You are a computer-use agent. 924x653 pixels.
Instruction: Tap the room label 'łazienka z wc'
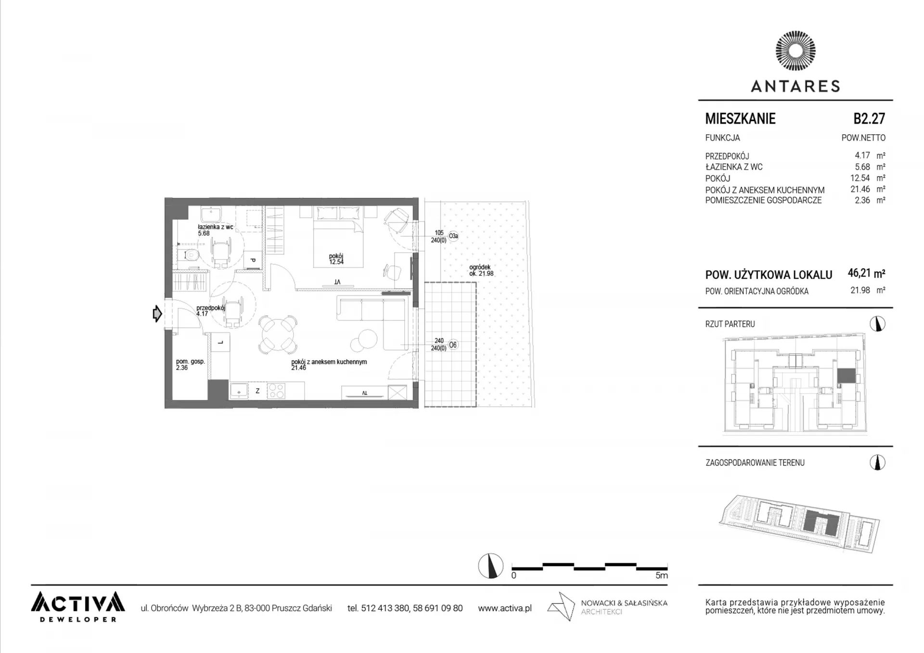(215, 227)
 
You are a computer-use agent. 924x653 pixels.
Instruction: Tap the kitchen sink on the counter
(239, 390)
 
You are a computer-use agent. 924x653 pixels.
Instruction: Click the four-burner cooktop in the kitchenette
(276, 390)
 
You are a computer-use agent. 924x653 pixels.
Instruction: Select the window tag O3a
(453, 236)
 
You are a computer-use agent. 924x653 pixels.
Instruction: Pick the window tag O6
(452, 345)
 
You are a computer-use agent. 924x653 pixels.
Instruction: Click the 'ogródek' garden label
(480, 267)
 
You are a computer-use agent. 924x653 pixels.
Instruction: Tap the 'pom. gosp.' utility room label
(191, 361)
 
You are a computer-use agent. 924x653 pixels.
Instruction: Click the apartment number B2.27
(869, 118)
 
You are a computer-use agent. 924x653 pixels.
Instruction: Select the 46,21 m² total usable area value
(866, 273)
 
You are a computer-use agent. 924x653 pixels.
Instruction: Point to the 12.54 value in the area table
(860, 178)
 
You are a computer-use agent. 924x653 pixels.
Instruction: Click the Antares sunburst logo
(796, 51)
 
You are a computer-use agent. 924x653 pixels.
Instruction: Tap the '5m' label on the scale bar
(662, 576)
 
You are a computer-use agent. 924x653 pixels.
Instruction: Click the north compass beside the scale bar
(490, 566)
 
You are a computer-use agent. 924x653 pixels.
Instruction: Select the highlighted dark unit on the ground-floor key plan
(846, 376)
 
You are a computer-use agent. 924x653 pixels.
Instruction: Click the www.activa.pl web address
(505, 608)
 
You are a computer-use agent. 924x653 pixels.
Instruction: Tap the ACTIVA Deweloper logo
(78, 606)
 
